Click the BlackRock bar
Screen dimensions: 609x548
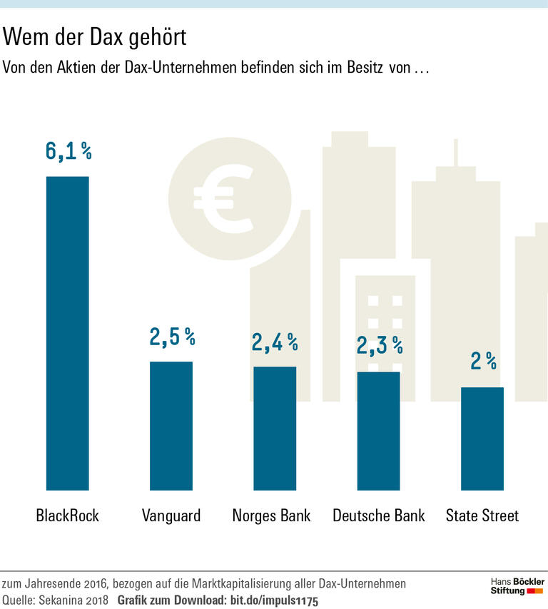click(68, 333)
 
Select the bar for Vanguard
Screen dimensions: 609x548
click(171, 426)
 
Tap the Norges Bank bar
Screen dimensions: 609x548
click(275, 428)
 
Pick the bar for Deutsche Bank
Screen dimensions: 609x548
click(378, 431)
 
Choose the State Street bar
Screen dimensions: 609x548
click(482, 439)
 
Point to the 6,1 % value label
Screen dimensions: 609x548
click(68, 151)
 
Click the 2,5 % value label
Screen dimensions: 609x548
click(172, 337)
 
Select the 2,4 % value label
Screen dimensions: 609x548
click(275, 342)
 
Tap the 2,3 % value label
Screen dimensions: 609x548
click(380, 347)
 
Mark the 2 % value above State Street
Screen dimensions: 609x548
click(483, 362)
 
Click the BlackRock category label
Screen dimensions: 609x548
click(67, 515)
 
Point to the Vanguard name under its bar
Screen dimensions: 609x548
click(171, 515)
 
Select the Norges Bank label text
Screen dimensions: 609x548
click(272, 515)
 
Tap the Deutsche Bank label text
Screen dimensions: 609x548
click(379, 515)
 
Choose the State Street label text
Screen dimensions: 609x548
click(482, 515)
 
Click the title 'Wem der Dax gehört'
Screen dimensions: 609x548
click(96, 37)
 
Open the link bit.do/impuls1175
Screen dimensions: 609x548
click(273, 600)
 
